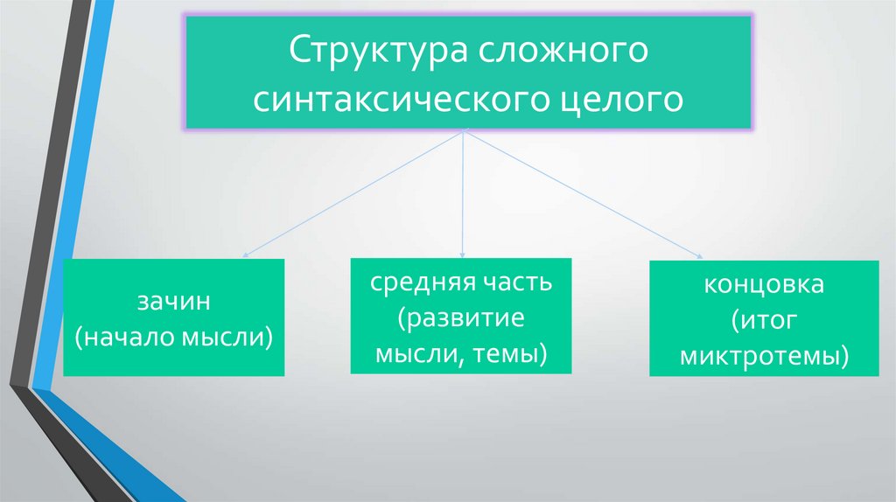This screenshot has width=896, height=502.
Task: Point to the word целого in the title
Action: coord(619,99)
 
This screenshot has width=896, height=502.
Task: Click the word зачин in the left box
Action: coord(175,303)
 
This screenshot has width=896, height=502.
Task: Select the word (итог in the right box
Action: coord(766,321)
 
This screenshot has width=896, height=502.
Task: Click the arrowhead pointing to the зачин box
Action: coord(245,256)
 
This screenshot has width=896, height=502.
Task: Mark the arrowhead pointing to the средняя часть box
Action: coord(463,254)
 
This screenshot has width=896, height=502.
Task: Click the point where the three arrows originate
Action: coord(463,134)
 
